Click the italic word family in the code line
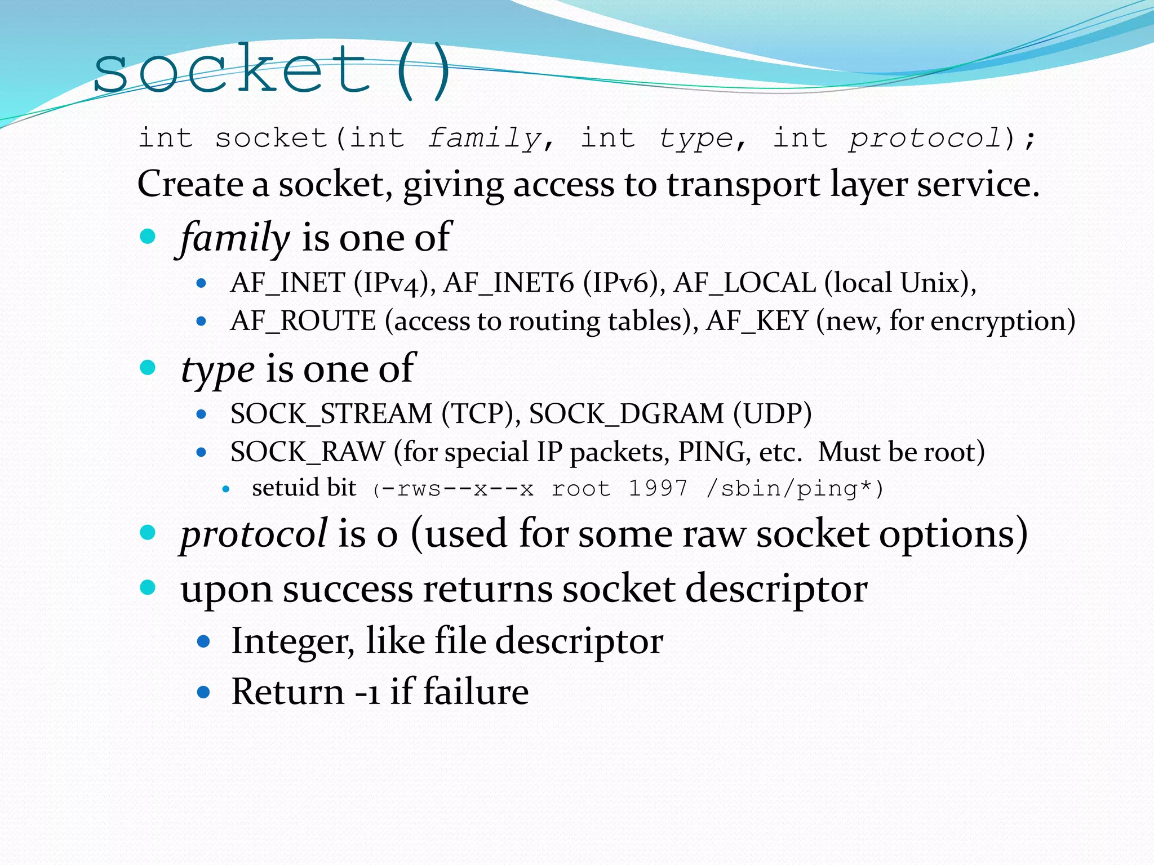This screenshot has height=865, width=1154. [x=484, y=139]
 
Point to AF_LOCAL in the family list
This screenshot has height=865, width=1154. [x=744, y=283]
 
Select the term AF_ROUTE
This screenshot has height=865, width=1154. [x=303, y=321]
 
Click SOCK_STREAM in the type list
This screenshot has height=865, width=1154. [x=331, y=414]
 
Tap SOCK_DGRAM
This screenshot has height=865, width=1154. [x=626, y=414]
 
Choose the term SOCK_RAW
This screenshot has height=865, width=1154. [x=308, y=452]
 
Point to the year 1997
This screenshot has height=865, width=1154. [x=658, y=488]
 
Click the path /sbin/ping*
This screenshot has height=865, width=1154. [x=789, y=488]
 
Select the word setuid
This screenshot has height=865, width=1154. [x=285, y=488]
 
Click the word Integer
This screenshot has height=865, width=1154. [x=292, y=641]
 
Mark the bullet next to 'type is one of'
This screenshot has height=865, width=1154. [x=148, y=368]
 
